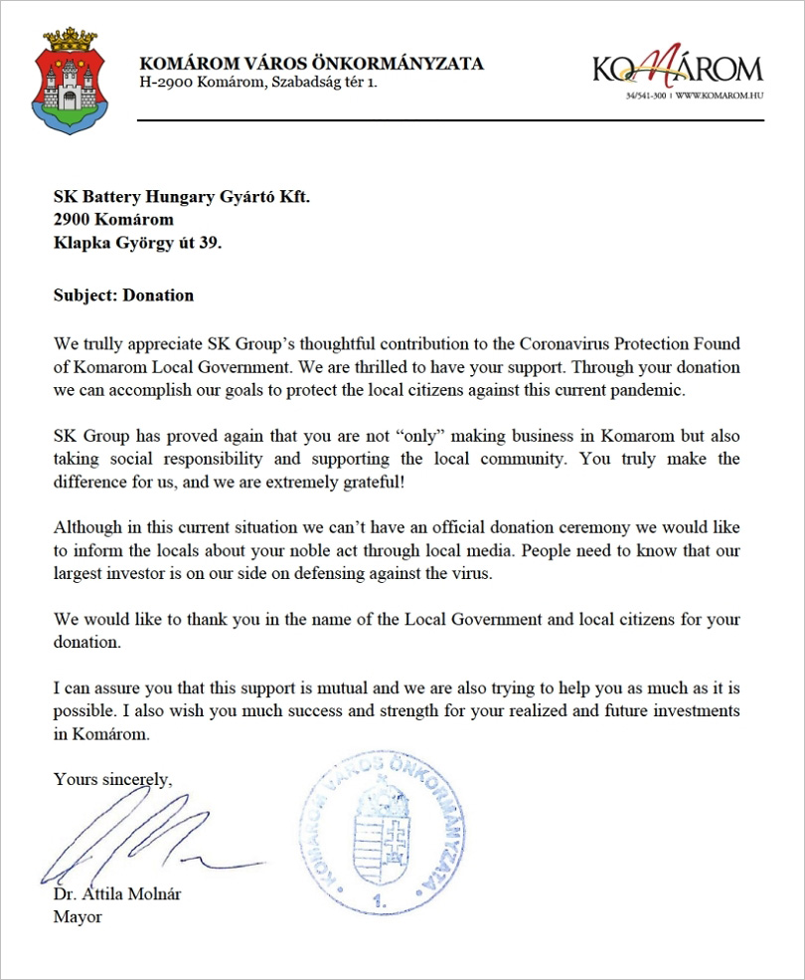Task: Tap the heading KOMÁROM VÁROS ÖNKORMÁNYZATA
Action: [x=311, y=64]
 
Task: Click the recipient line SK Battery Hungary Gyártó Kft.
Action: [x=181, y=197]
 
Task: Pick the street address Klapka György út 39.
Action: [x=137, y=242]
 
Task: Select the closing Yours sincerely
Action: [x=112, y=779]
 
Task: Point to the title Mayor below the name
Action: [x=78, y=916]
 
